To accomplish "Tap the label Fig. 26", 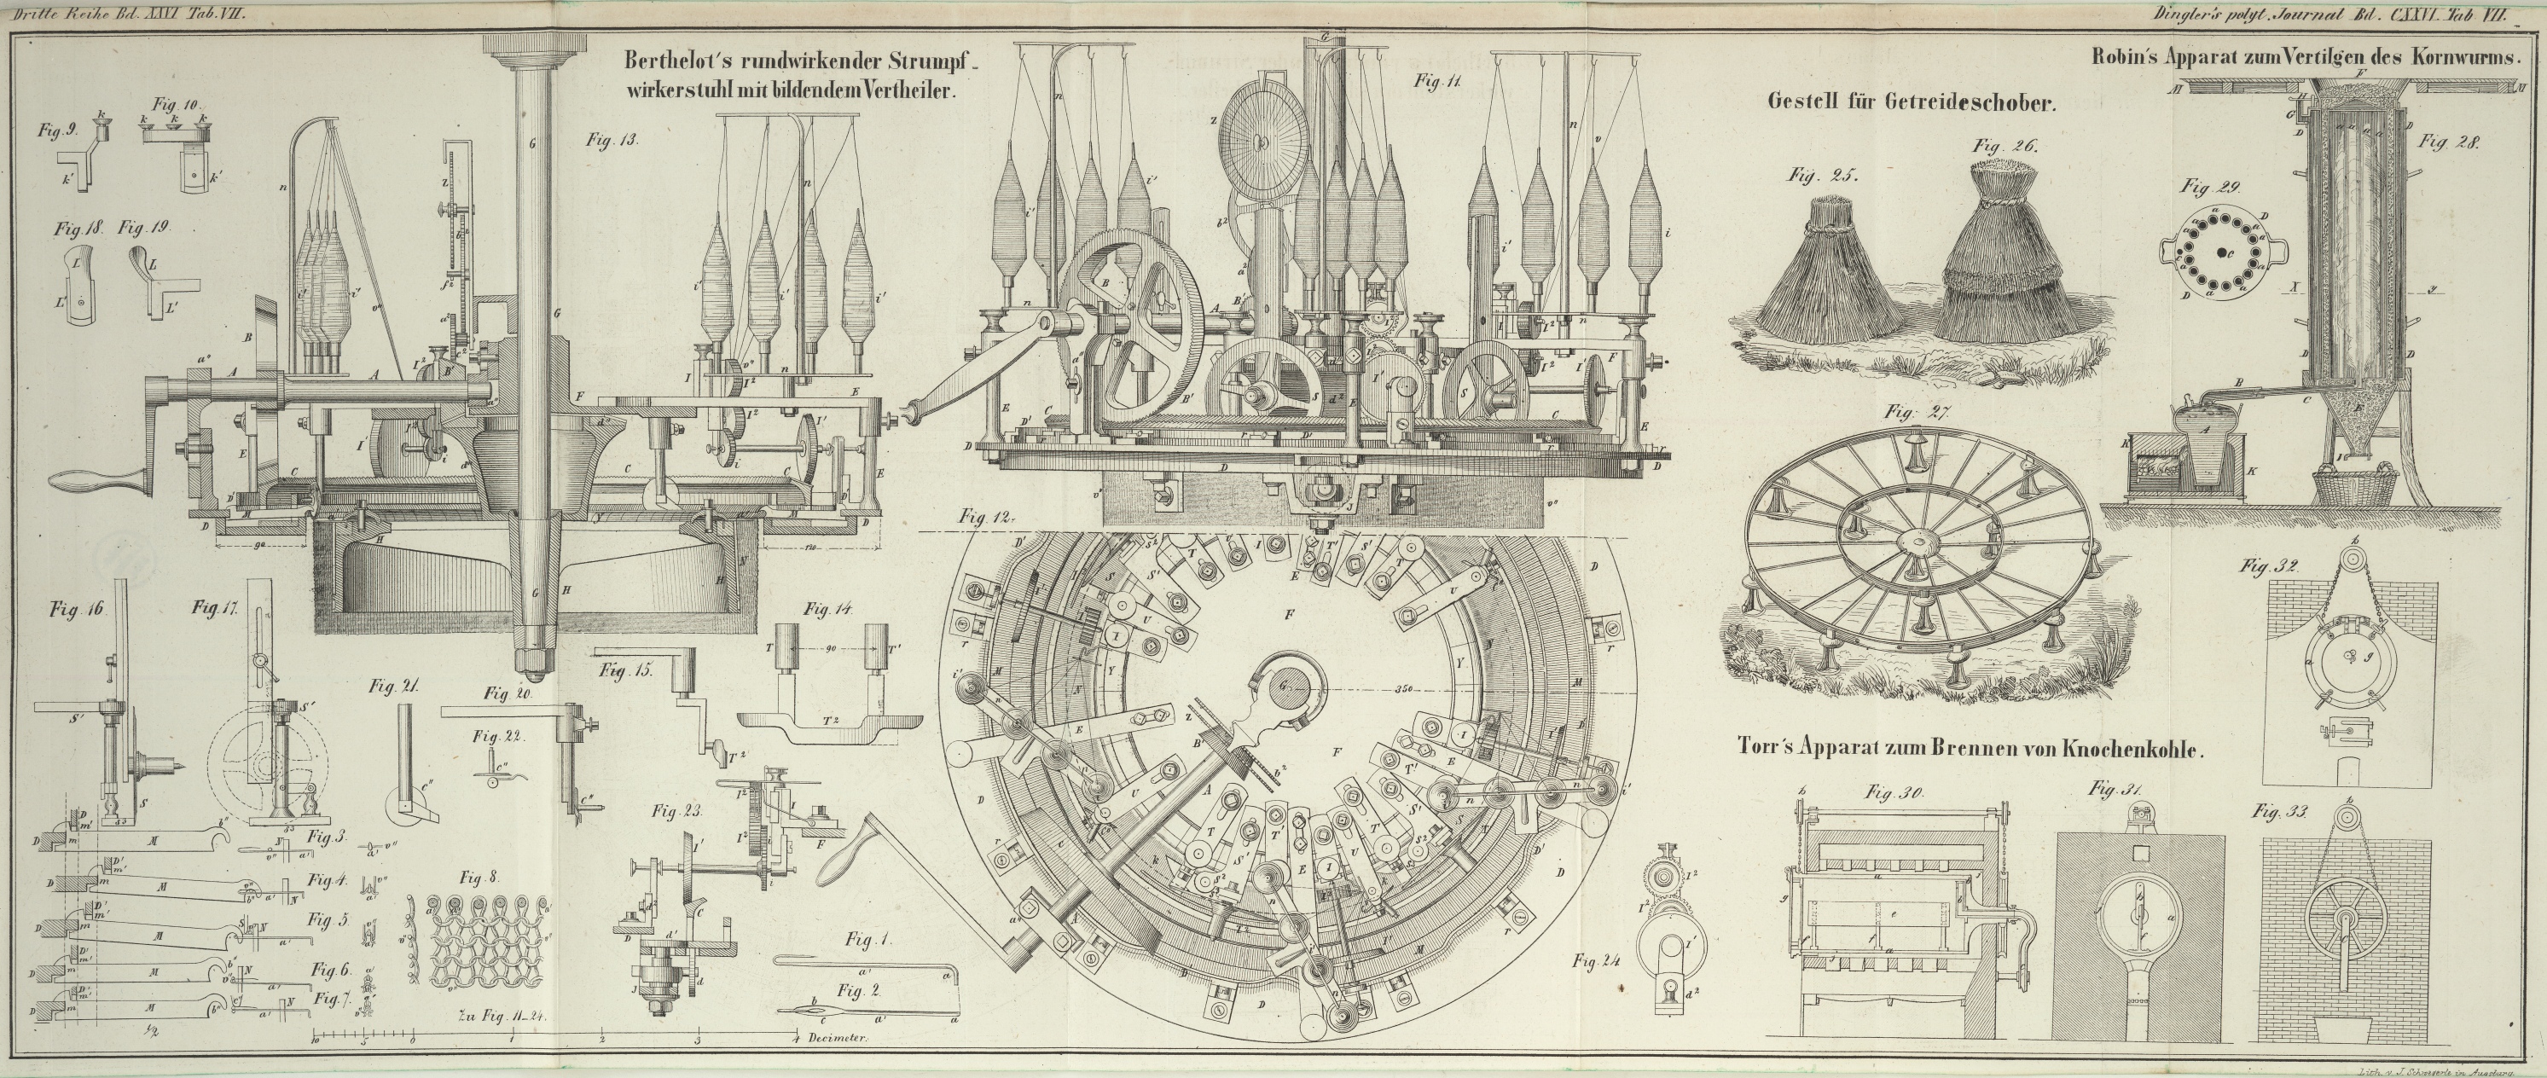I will [x=2005, y=147].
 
